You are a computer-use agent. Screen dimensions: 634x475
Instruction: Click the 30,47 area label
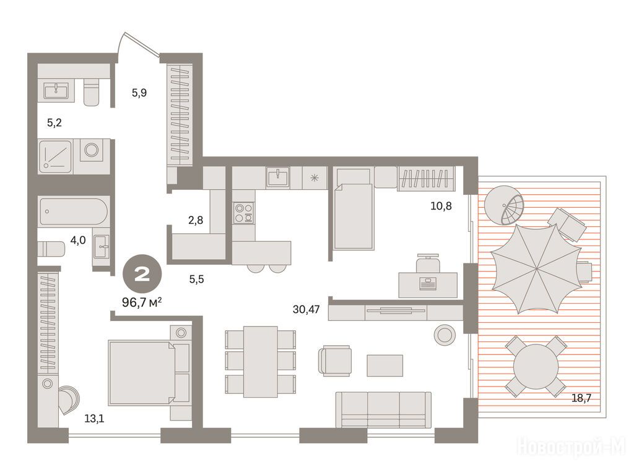[306, 310]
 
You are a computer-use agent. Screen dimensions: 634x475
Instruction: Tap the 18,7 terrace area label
[581, 398]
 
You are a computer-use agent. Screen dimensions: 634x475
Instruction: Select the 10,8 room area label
[441, 206]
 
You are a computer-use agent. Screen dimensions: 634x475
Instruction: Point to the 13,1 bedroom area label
[94, 419]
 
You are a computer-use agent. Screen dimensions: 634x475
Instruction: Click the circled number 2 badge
[142, 275]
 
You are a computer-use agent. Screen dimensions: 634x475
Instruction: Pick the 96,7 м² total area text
[142, 302]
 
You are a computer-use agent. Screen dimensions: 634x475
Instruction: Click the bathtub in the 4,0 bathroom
[74, 212]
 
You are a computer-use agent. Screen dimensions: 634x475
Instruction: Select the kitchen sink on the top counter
[277, 178]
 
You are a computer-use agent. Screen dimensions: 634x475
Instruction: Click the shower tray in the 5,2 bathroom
[55, 156]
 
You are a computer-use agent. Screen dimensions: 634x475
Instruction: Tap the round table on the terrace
[536, 367]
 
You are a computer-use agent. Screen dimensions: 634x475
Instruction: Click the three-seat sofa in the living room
[383, 409]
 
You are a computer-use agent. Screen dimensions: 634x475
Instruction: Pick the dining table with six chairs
[260, 361]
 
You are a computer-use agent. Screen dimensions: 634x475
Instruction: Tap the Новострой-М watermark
[571, 447]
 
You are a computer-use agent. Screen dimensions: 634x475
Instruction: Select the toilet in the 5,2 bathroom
[91, 93]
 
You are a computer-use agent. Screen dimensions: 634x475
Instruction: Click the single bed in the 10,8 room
[354, 209]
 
